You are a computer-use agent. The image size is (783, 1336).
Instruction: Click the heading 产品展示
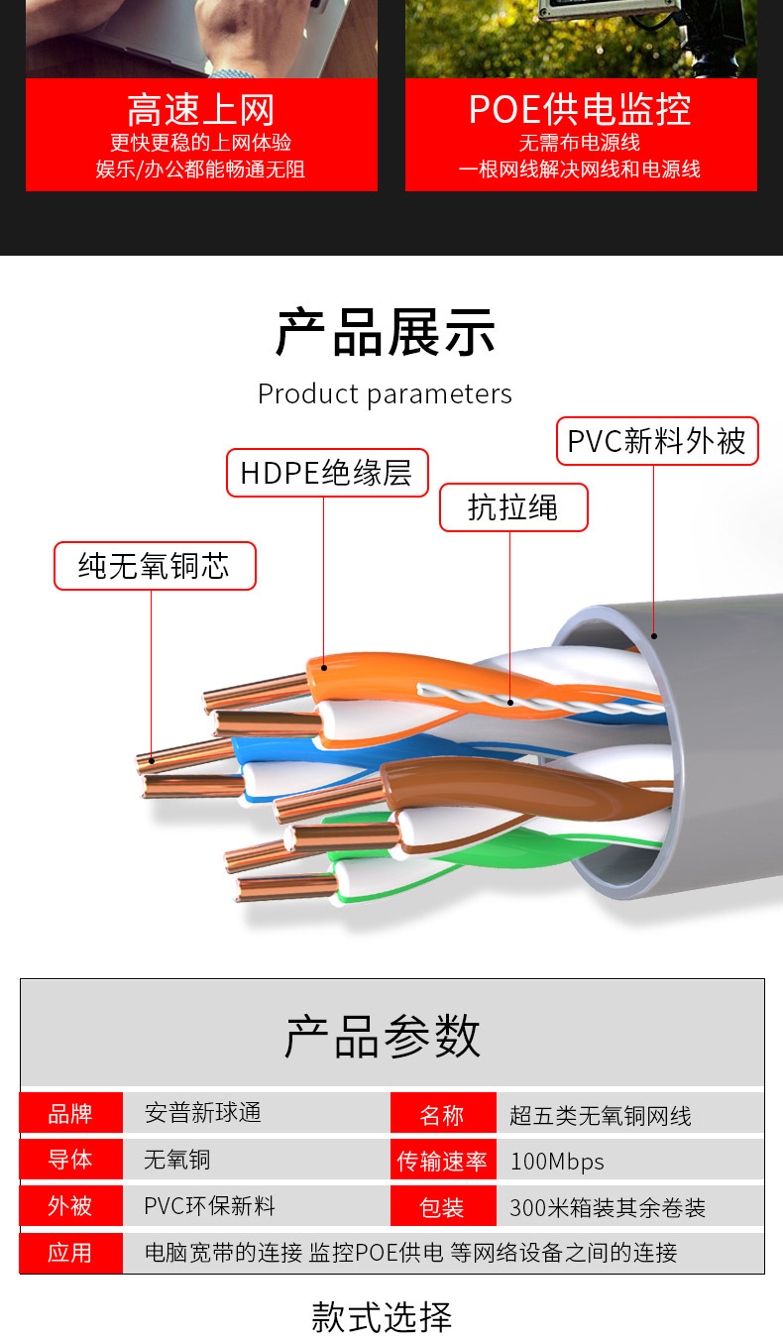tap(385, 332)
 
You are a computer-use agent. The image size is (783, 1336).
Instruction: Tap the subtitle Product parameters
tap(385, 394)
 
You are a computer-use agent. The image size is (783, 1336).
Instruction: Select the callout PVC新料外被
tap(656, 441)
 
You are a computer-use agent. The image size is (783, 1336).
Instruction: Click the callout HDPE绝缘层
tap(326, 473)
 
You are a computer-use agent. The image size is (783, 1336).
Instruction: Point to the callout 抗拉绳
tap(512, 507)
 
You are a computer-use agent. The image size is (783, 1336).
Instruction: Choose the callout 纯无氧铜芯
tap(154, 566)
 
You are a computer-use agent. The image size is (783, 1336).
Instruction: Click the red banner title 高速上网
tap(200, 109)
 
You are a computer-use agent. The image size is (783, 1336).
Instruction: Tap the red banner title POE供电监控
tap(580, 109)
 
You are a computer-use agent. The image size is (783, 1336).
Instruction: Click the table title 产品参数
tap(383, 1036)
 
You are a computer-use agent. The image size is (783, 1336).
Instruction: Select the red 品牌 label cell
tap(70, 1113)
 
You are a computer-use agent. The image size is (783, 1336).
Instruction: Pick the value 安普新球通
tap(203, 1113)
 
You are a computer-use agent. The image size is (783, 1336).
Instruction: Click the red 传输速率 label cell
tap(442, 1161)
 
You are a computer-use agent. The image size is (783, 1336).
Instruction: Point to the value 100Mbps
tap(557, 1162)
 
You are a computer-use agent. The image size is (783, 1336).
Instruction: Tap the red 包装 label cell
tap(442, 1207)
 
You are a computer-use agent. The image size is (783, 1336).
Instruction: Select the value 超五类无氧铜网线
tap(601, 1116)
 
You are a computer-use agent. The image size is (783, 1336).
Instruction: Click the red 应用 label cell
tap(70, 1253)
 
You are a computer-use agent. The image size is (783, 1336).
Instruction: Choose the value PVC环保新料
tap(210, 1206)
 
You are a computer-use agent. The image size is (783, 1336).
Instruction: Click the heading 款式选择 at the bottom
tap(382, 1317)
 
